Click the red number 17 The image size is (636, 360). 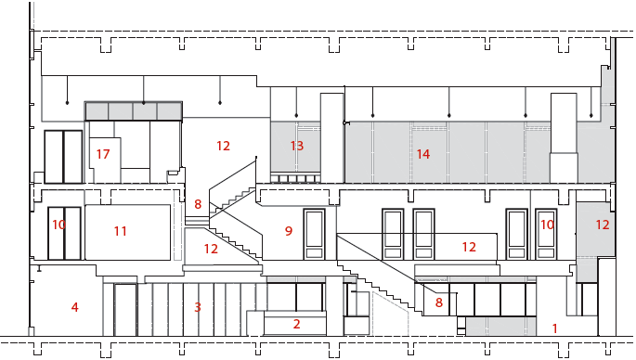point(103,154)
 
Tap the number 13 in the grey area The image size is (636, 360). point(297,146)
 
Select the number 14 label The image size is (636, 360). point(423,154)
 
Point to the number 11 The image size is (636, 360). point(120,231)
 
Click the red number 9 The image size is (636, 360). point(289,231)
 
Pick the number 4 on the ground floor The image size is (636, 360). point(74,307)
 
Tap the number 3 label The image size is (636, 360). point(198,307)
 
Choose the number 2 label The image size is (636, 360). point(296,324)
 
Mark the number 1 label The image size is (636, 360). point(555,328)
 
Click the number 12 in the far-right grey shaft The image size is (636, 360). point(603,225)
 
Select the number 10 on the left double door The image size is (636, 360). point(58,225)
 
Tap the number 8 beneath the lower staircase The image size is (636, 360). point(439,302)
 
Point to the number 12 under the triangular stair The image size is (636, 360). point(211,249)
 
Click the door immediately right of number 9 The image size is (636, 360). point(315,235)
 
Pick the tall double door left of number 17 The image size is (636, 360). point(63,157)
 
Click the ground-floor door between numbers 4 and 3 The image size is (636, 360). point(125,310)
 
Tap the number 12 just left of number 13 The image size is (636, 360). point(223,146)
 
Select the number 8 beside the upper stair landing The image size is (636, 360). point(198,204)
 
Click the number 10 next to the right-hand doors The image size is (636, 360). point(547,225)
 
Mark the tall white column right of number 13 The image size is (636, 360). point(332,138)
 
